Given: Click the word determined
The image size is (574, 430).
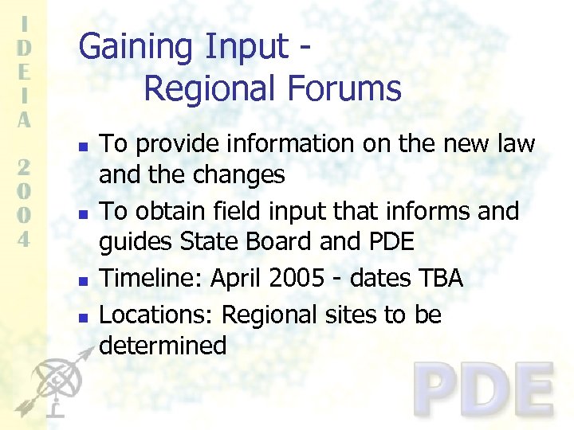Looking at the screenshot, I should click(163, 346).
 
